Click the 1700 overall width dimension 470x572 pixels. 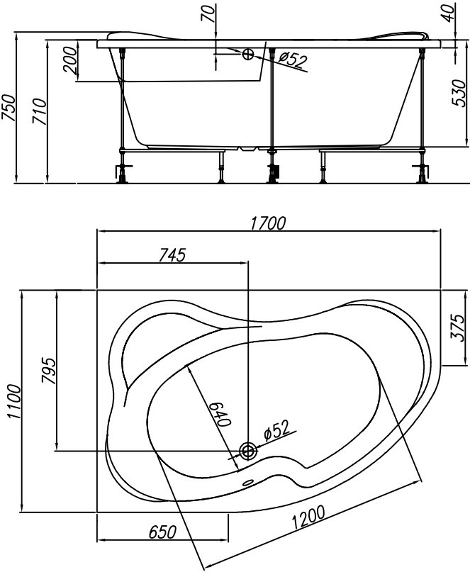tap(268, 223)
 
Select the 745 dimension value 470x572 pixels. tap(172, 255)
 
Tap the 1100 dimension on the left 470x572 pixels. tap(15, 401)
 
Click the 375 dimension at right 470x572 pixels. tap(459, 327)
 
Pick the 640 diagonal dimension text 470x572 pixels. tap(221, 414)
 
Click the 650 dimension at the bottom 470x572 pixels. tap(162, 532)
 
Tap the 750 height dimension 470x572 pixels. tap(9, 108)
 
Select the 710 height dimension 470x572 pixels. tap(40, 111)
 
